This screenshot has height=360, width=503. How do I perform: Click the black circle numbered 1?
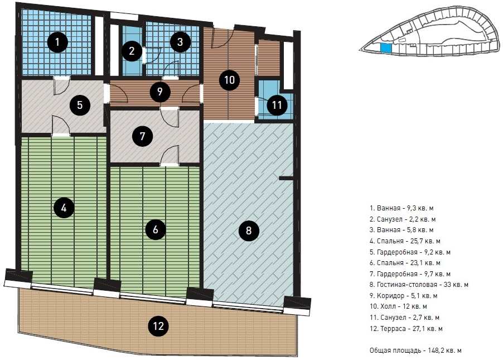tap(57, 42)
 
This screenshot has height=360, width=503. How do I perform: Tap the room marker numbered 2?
tap(132, 51)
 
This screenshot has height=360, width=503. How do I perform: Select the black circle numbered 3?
tap(180, 42)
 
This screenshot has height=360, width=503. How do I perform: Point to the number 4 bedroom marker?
tap(64, 208)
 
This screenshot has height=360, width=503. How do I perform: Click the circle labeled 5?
tap(80, 105)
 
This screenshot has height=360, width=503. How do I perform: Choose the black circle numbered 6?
tap(156, 229)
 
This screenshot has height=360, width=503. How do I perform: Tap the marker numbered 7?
tap(143, 136)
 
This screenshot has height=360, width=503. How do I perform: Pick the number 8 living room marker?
tap(249, 231)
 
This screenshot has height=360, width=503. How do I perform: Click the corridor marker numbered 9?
tap(159, 92)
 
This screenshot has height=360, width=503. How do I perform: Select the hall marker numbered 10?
tap(229, 80)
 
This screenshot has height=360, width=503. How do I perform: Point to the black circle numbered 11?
tap(277, 105)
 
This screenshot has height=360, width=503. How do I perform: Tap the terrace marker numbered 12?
tap(158, 327)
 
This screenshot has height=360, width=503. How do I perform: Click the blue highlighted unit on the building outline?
tap(386, 48)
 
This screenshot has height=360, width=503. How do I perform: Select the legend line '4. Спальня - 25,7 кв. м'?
tap(405, 241)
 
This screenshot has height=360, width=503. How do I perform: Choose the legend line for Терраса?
tap(406, 329)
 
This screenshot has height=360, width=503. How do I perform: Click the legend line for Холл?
tap(398, 306)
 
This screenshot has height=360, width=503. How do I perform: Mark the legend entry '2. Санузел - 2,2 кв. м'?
tap(403, 219)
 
